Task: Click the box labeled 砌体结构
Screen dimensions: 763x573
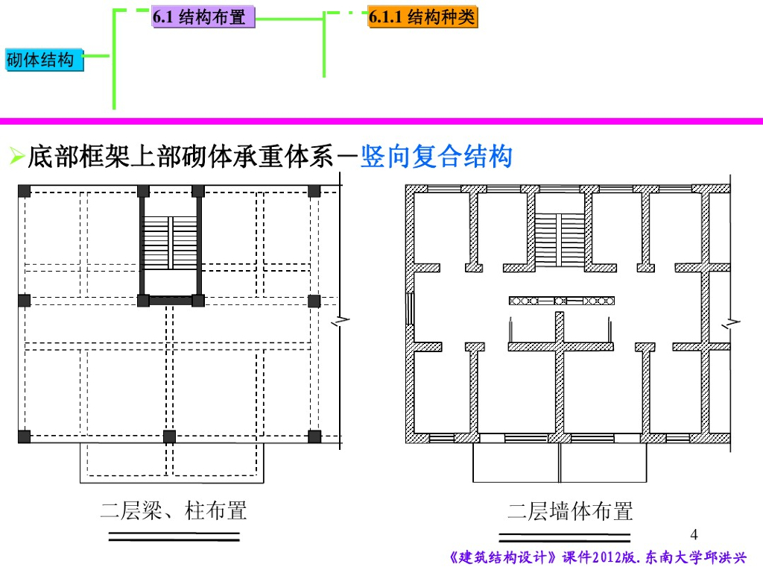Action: (x=44, y=60)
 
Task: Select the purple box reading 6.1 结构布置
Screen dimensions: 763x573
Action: (x=203, y=17)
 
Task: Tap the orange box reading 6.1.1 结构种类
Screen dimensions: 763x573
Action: (x=422, y=17)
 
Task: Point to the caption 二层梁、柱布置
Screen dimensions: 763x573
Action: (x=174, y=511)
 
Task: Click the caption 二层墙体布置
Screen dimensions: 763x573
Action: (x=570, y=511)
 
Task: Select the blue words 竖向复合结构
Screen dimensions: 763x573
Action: (x=437, y=157)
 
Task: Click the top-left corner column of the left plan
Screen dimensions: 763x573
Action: (x=25, y=191)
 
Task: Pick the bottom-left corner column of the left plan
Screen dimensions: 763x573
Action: (x=25, y=436)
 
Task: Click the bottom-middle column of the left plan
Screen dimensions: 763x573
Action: (x=169, y=436)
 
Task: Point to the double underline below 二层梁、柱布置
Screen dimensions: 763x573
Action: (x=174, y=536)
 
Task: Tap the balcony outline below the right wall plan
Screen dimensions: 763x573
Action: (x=560, y=464)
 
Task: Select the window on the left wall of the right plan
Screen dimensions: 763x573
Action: (x=409, y=307)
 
